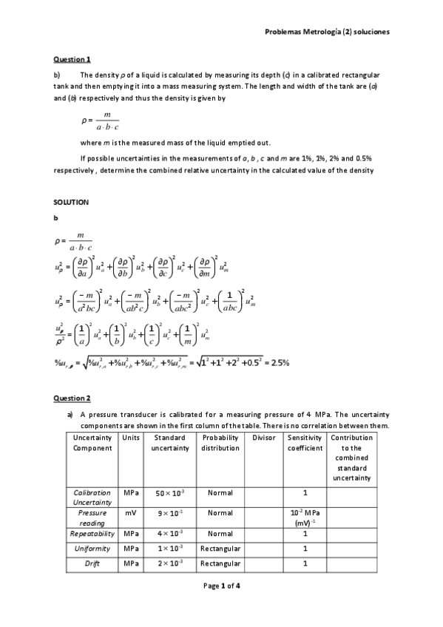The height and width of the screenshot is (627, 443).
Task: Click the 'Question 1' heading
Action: [72, 59]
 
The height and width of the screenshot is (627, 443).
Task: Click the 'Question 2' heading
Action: [72, 399]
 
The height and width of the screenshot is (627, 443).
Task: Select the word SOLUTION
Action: [71, 202]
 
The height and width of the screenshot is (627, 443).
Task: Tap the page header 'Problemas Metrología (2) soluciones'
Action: [326, 33]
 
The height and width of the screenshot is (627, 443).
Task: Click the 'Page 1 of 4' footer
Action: [221, 586]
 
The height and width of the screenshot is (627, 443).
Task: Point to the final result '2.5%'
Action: [280, 362]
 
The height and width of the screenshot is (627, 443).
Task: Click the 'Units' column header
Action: [131, 438]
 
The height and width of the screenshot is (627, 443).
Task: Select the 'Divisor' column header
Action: [263, 438]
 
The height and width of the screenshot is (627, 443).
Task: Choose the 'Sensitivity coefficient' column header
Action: [305, 443]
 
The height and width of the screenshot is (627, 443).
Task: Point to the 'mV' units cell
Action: [131, 512]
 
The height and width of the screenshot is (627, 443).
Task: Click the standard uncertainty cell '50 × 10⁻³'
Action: [170, 492]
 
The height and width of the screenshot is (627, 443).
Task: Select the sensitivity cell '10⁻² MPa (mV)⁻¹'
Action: [305, 518]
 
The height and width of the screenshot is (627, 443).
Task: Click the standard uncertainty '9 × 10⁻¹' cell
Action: [170, 512]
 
